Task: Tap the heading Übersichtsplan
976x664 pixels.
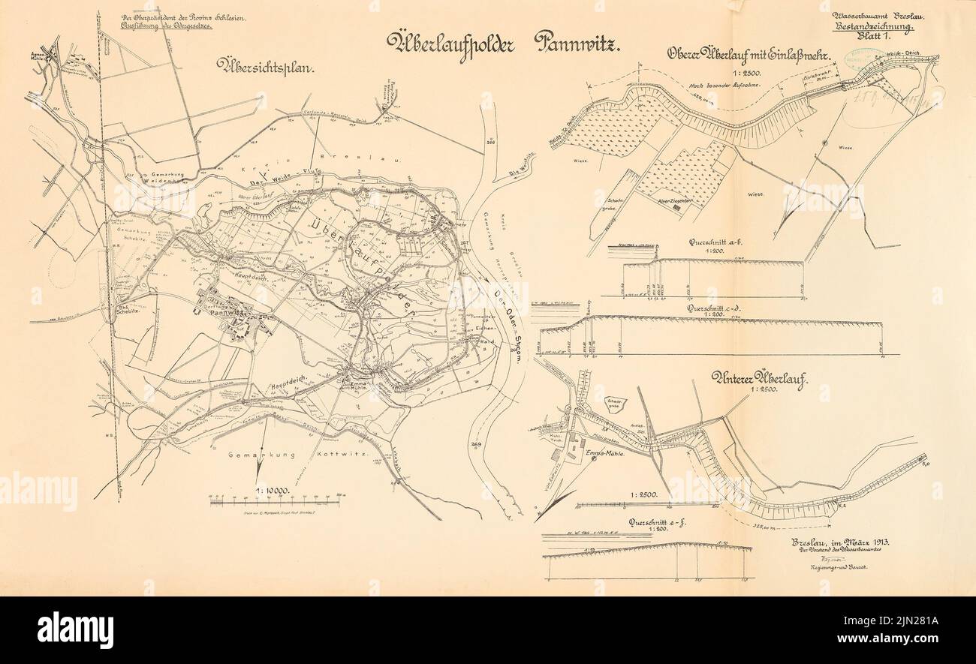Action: [265, 68]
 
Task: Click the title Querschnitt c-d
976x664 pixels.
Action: [721, 308]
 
